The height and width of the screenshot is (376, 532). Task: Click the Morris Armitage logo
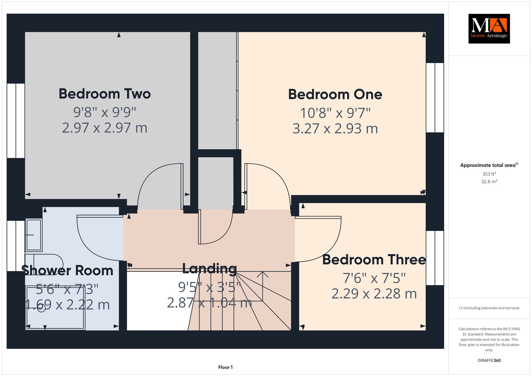(x=489, y=29)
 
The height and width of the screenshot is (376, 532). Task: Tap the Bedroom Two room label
(x=105, y=94)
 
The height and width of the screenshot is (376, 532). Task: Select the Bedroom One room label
(x=335, y=95)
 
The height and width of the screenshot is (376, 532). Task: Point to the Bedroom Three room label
(x=374, y=260)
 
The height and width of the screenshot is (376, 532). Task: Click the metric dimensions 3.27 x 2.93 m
(x=335, y=129)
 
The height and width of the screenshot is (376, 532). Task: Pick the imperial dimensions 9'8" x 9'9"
(x=105, y=112)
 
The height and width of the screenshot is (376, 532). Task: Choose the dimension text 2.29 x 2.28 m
(x=374, y=294)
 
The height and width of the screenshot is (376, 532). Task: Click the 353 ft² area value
(x=489, y=174)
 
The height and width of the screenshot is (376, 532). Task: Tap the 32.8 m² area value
(x=489, y=182)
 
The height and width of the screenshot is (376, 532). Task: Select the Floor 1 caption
(x=225, y=367)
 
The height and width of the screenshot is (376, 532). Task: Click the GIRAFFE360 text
(x=489, y=360)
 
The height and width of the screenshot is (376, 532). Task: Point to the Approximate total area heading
(x=489, y=165)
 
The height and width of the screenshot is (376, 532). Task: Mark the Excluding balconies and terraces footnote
(x=489, y=308)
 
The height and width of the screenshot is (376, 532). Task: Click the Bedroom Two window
(x=16, y=121)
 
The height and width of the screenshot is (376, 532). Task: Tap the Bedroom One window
(x=435, y=98)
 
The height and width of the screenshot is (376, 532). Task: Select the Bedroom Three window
(x=435, y=258)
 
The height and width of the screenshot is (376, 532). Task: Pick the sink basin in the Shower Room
(x=34, y=235)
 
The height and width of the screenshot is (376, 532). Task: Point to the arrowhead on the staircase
(x=263, y=274)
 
